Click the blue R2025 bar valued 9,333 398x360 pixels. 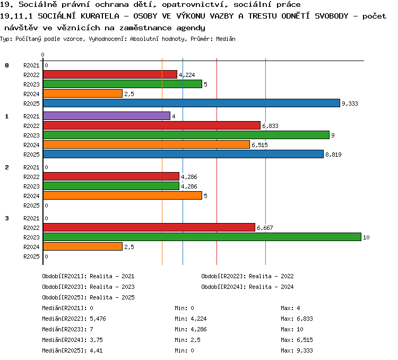192,103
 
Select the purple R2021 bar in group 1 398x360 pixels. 107,116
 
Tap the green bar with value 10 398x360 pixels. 202,237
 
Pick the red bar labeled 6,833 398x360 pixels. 152,125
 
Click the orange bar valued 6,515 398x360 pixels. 146,144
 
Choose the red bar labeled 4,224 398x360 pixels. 110,74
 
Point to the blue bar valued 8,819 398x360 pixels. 183,154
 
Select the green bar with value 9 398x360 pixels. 186,135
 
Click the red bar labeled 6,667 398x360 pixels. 149,227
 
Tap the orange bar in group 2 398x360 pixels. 123,195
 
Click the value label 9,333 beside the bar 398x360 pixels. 350,104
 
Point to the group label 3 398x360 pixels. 7,218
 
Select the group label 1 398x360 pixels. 7,116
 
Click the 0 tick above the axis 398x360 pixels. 42,55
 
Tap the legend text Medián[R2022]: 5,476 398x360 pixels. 74,319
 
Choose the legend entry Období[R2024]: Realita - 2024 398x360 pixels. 247,287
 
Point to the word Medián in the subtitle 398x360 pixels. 226,39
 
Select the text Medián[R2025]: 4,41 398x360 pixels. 72,350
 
